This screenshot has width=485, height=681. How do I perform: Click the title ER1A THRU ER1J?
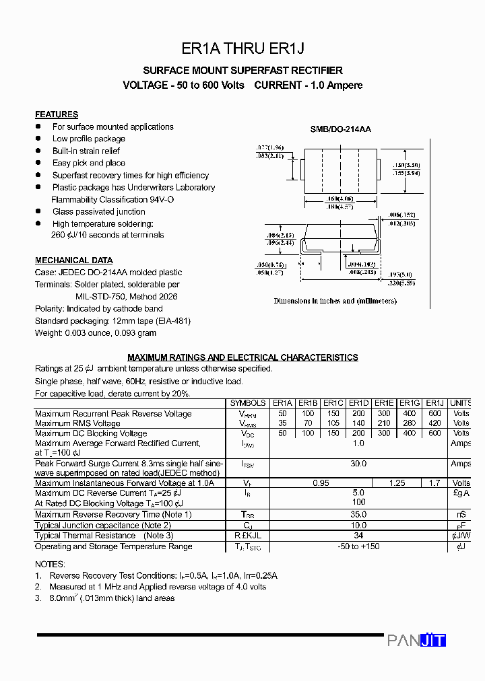(x=243, y=48)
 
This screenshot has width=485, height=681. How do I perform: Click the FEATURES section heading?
(x=57, y=114)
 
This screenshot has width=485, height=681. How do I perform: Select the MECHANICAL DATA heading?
(x=74, y=260)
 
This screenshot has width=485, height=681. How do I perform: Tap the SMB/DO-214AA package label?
(x=340, y=129)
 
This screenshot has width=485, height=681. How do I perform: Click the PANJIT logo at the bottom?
(x=416, y=640)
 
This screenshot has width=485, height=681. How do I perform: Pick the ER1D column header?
(x=358, y=403)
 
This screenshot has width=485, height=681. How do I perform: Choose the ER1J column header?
(x=434, y=403)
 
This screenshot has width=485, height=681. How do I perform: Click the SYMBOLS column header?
(x=248, y=403)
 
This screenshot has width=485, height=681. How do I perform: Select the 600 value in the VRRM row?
(x=434, y=414)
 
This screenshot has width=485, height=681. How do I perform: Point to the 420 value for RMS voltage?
(x=434, y=423)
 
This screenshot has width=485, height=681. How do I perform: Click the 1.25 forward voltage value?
(x=397, y=483)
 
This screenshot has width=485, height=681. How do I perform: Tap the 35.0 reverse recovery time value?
(x=358, y=515)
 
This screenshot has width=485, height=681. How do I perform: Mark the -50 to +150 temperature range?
(x=358, y=546)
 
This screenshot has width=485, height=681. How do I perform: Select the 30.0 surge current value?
(x=358, y=464)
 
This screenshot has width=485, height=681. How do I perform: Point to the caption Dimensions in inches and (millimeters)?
(x=335, y=301)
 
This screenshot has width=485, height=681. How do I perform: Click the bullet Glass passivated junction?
(x=98, y=211)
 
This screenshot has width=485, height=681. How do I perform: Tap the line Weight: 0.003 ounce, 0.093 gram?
(x=96, y=333)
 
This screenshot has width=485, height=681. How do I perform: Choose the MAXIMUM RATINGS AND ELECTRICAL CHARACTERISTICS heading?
(x=243, y=357)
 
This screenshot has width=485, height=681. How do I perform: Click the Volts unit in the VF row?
(x=461, y=483)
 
